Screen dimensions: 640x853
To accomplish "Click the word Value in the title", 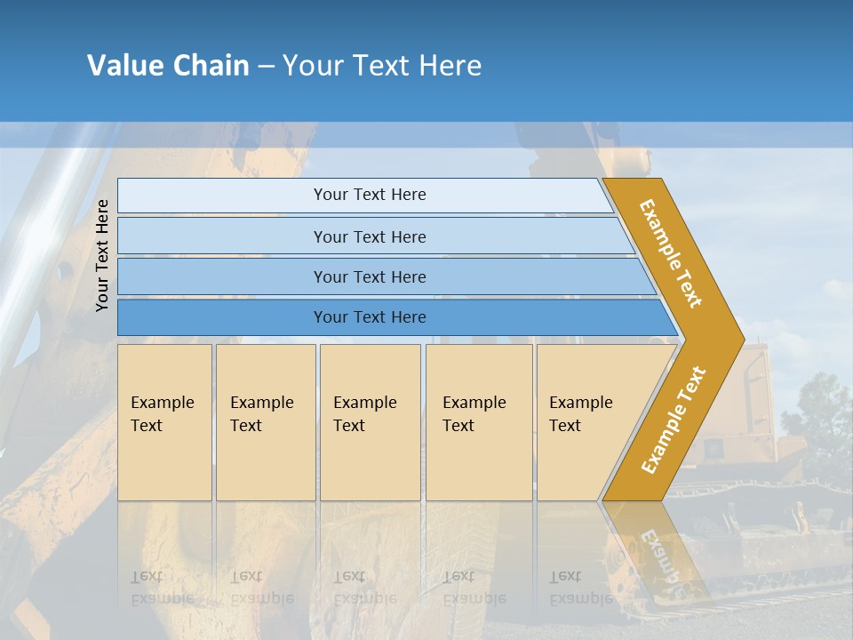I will click(x=125, y=66).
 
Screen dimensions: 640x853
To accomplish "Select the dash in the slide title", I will click(x=266, y=67).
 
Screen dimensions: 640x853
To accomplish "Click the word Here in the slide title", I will click(x=450, y=66).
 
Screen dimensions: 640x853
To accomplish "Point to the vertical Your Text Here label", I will click(x=102, y=255).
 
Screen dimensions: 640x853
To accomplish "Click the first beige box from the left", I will click(x=164, y=422).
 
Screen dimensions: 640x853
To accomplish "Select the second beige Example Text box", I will click(x=266, y=422).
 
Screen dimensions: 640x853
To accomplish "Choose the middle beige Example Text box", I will click(x=370, y=422).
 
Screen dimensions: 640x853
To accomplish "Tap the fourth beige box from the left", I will click(x=479, y=422).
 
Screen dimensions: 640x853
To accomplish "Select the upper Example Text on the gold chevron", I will click(x=671, y=253).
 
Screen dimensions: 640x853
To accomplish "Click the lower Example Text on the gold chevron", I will click(x=673, y=420).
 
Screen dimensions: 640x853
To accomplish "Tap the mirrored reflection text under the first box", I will click(x=162, y=588).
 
